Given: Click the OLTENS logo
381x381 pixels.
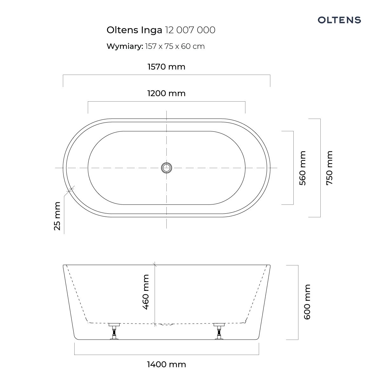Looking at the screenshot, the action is tap(339, 20).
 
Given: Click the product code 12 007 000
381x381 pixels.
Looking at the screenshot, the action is tap(190, 30).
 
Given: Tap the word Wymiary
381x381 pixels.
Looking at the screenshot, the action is tap(125, 46).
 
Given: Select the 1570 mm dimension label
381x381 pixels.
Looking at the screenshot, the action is tap(166, 67).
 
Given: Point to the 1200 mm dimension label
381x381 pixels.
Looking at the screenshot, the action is tap(166, 93).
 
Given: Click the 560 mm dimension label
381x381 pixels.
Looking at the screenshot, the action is tap(302, 168).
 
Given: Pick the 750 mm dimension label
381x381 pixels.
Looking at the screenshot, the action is tap(329, 168).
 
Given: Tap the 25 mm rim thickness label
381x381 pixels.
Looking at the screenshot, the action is tap(57, 216).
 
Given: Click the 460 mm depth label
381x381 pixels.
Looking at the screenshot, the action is tap(145, 292).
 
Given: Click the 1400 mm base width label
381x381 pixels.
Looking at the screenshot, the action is tap(166, 364).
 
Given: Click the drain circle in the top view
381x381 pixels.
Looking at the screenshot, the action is tap(166, 168).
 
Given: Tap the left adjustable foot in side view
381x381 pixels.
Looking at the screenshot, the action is tap(114, 331).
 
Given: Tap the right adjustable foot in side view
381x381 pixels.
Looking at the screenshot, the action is tap(219, 331).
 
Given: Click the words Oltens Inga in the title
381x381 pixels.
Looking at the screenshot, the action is tap(134, 30).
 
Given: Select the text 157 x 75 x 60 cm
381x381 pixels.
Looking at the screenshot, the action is tap(175, 46).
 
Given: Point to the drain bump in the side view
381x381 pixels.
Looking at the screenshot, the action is tap(166, 324).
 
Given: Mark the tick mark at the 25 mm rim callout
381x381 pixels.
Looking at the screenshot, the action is tap(70, 190).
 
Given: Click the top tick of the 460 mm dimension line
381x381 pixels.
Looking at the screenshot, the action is tap(155, 264).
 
